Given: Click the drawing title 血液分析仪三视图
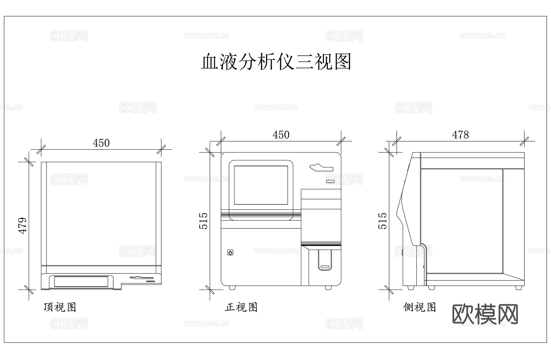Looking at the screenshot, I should [x=276, y=62].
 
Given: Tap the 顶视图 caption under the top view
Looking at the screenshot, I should [x=60, y=307].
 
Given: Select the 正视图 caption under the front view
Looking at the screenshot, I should [x=241, y=307].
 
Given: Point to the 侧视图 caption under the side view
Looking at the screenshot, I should [x=419, y=307].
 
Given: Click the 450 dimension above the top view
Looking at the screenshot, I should [x=101, y=143].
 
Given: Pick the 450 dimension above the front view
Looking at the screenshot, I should [x=281, y=135].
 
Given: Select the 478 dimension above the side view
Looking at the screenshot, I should [x=460, y=135].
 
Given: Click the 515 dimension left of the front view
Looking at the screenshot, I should [x=204, y=221].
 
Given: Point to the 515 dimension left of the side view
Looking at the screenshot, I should [x=383, y=221].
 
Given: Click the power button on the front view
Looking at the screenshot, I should [x=231, y=252].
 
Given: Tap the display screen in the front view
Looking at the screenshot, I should [x=261, y=185].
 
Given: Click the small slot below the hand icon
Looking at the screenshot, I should [x=330, y=182].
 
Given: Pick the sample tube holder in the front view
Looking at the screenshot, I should [x=324, y=260].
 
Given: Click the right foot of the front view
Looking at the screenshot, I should [x=328, y=288].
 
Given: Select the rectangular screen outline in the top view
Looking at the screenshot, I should [x=81, y=281].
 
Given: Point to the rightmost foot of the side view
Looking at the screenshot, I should [x=518, y=288].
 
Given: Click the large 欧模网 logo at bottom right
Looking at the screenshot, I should [x=485, y=314].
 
